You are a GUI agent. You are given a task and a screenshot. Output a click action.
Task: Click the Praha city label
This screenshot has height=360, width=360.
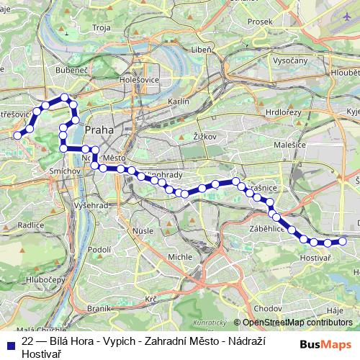pyautogui.click(x=99, y=130)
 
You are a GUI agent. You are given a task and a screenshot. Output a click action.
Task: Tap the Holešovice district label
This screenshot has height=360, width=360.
pyautogui.click(x=135, y=81)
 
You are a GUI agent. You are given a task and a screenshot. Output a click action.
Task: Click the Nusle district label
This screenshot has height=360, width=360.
pyautogui.click(x=143, y=231)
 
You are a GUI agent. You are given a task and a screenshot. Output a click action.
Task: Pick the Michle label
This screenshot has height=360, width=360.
pyautogui.click(x=180, y=256)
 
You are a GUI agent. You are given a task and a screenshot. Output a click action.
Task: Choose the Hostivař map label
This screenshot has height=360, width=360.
pyautogui.click(x=315, y=258)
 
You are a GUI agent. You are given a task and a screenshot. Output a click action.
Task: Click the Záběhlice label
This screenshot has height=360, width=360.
pyautogui.click(x=267, y=228)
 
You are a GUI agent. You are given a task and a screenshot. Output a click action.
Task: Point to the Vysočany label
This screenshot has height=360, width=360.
pyautogui.click(x=289, y=60)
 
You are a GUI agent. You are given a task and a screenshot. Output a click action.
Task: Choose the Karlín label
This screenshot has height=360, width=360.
pyautogui.click(x=178, y=102)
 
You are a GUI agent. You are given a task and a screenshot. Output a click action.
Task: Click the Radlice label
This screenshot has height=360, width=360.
pyautogui.click(x=31, y=225)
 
